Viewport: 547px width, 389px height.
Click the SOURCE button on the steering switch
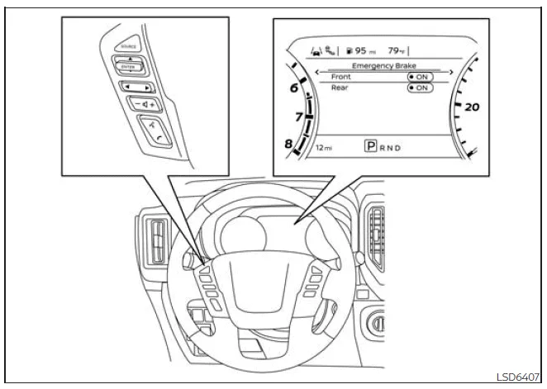[x=127, y=49]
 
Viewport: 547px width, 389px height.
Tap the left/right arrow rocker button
[x=134, y=85]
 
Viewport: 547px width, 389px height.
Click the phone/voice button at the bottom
[x=151, y=131]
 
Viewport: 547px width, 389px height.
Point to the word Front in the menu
[x=340, y=77]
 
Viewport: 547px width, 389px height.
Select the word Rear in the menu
[x=339, y=88]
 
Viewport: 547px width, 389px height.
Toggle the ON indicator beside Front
[x=421, y=77]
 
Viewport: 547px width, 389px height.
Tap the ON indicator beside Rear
[x=421, y=88]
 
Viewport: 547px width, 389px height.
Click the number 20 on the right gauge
[x=472, y=107]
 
